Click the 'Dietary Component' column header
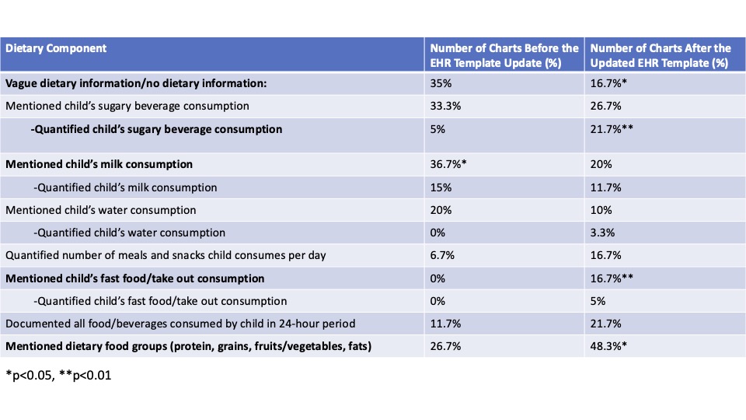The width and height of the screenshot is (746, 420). (x=56, y=48)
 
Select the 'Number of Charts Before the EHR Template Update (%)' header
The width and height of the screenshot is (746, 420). (x=504, y=55)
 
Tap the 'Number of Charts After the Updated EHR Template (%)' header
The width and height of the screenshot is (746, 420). (x=660, y=55)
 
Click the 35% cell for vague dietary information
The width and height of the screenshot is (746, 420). (x=441, y=83)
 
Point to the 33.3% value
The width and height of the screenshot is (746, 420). (x=445, y=106)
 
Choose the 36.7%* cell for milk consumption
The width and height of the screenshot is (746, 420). (x=448, y=164)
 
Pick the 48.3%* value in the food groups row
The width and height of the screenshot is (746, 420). (x=608, y=346)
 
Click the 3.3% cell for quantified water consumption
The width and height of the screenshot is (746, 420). (x=602, y=233)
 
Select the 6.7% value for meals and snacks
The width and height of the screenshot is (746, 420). (x=442, y=255)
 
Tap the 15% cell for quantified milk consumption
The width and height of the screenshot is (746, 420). (x=441, y=187)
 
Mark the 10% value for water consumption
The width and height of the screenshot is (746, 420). (x=601, y=210)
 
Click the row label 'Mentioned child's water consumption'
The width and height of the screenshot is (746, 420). (x=100, y=210)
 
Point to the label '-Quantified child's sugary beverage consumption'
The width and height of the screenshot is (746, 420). (x=156, y=129)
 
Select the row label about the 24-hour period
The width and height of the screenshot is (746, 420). (x=180, y=324)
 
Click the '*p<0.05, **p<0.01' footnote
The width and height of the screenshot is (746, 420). (x=58, y=375)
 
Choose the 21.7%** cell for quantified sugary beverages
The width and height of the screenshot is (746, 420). (x=612, y=129)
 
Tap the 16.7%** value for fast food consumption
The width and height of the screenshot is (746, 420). (x=612, y=278)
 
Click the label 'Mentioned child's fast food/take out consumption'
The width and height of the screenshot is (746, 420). (x=134, y=278)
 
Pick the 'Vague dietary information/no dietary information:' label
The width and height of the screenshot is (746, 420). (x=136, y=83)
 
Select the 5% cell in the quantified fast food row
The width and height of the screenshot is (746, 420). (x=598, y=301)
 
